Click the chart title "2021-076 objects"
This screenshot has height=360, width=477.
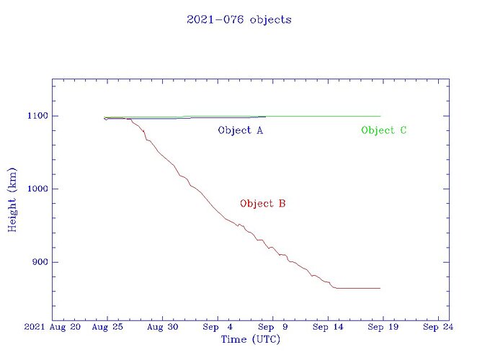point(239,19)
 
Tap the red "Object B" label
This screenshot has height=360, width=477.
point(263,204)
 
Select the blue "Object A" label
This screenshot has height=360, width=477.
point(240,130)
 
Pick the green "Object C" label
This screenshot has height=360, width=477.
point(384,130)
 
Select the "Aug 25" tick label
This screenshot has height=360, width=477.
point(107,328)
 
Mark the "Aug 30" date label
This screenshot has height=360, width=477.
point(162,328)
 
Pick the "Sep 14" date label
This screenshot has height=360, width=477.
point(327,328)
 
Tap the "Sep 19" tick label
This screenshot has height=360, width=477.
point(383,328)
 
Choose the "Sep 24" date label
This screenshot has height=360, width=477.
point(437,328)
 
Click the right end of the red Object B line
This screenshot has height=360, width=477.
point(380,288)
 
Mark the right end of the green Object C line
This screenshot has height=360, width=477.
point(380,116)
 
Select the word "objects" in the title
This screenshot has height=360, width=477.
point(270,19)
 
